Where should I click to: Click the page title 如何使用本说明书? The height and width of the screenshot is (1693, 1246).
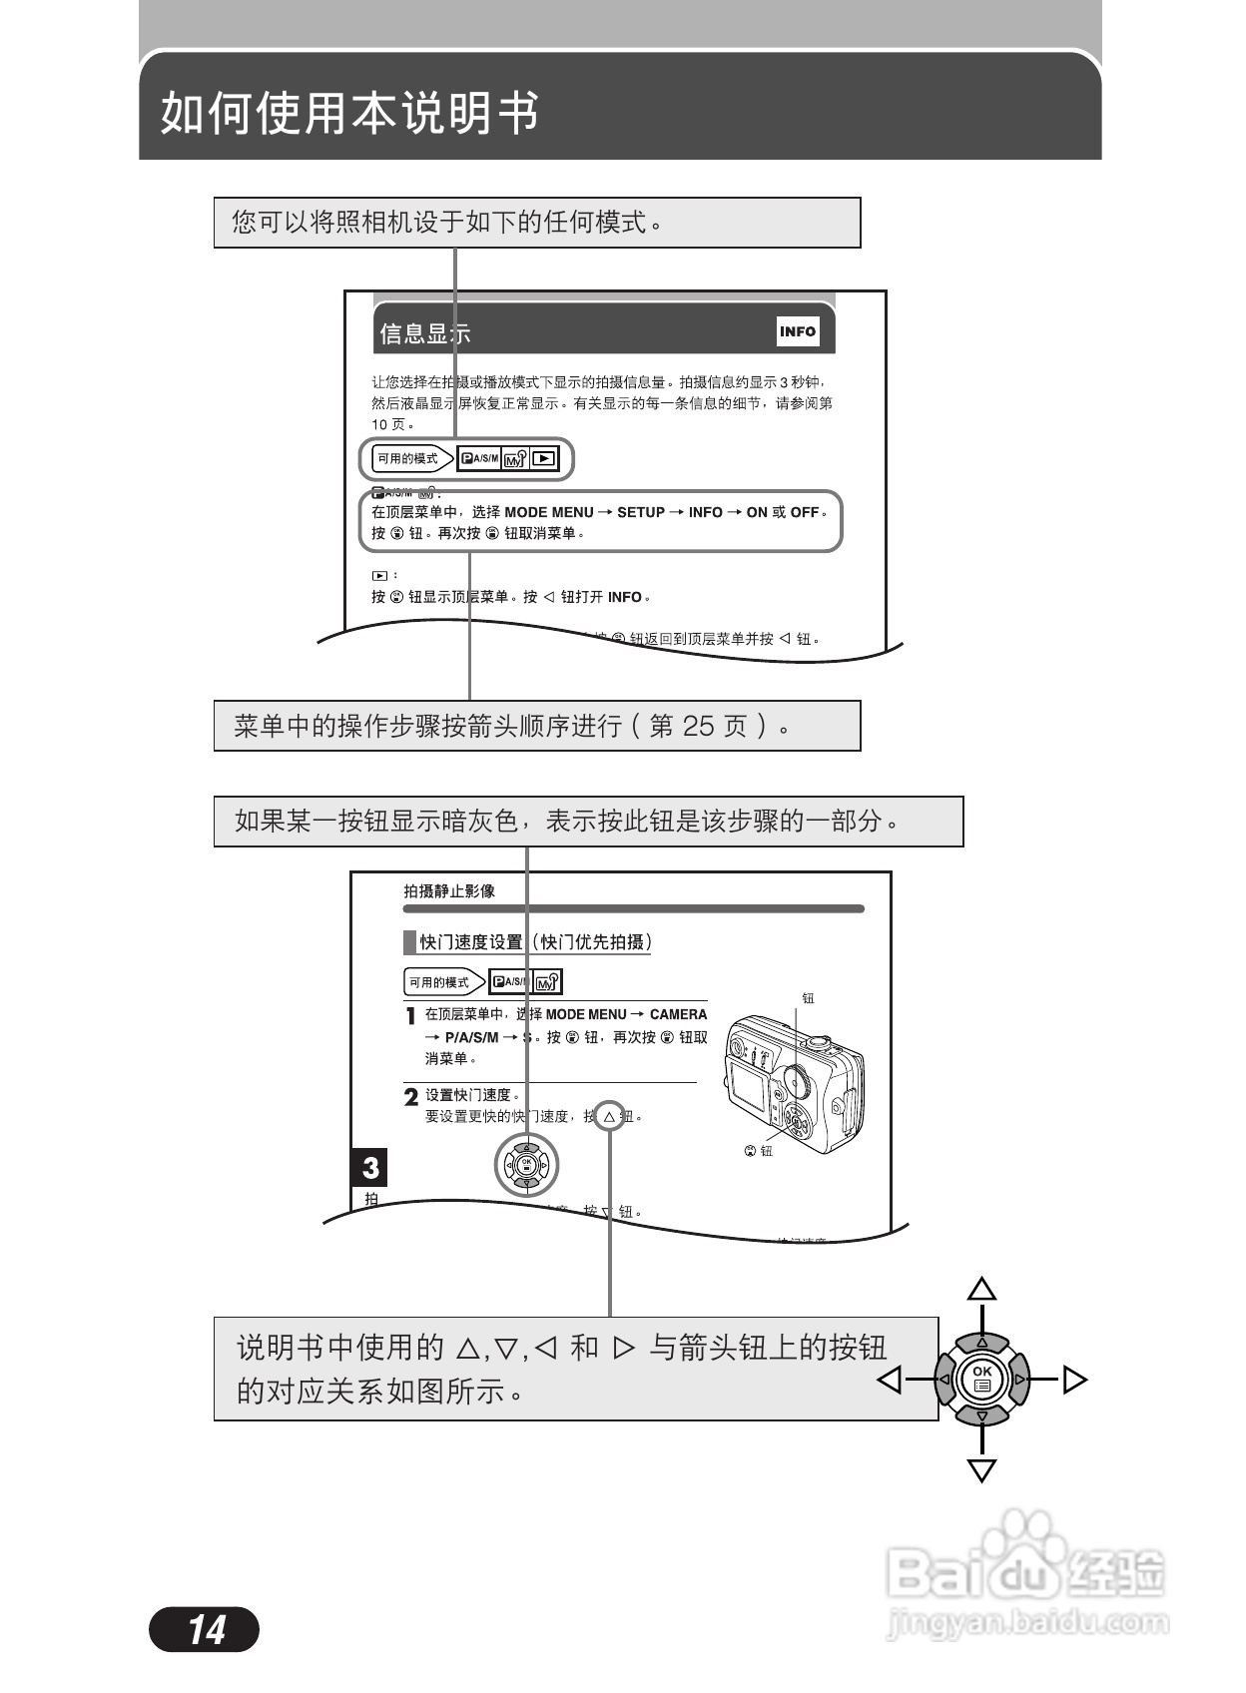click(x=349, y=112)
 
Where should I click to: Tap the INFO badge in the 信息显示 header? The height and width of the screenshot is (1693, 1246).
click(x=798, y=331)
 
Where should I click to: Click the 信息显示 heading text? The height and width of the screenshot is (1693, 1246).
click(x=424, y=334)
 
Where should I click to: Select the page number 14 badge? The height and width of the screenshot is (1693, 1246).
click(x=205, y=1629)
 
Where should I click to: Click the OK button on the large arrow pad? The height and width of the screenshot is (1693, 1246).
click(x=982, y=1378)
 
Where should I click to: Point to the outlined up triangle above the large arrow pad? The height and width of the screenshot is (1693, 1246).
click(x=982, y=1289)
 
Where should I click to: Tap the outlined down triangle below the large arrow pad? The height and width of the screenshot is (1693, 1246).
click(x=982, y=1469)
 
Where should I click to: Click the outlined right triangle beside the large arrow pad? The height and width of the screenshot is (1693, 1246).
click(x=1074, y=1380)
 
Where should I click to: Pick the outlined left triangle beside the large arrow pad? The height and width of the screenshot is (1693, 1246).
click(x=890, y=1380)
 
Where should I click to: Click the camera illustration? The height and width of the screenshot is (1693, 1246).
click(x=794, y=1083)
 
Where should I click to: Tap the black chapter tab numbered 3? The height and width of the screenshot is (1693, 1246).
click(x=370, y=1167)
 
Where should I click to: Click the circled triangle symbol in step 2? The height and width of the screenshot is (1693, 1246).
click(x=609, y=1116)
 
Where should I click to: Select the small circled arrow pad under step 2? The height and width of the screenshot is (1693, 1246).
click(x=527, y=1164)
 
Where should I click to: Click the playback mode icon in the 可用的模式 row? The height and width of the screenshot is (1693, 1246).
click(x=544, y=459)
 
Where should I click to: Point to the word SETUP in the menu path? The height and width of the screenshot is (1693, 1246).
click(x=641, y=512)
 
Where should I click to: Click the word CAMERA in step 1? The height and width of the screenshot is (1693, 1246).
click(x=678, y=1014)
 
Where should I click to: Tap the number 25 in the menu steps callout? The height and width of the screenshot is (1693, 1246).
click(x=698, y=726)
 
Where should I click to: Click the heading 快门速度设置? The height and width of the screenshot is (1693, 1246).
click(x=471, y=942)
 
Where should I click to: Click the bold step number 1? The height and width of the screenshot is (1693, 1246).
click(x=410, y=1017)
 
